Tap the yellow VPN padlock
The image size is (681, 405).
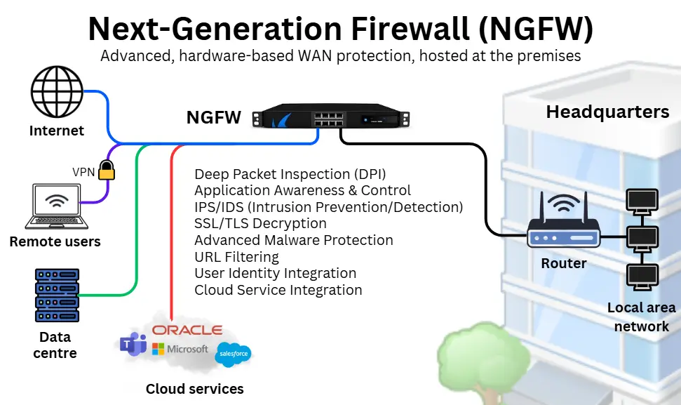[106, 169]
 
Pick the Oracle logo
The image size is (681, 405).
[187, 330]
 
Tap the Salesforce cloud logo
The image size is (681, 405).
[234, 354]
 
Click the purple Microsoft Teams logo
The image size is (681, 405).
[133, 344]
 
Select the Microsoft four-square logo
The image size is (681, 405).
[159, 349]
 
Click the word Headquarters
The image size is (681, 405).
[607, 112]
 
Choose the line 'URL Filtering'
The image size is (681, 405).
[236, 257]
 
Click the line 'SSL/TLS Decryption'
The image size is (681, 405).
[260, 223]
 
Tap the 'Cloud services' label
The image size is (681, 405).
[194, 388]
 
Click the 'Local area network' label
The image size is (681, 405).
[641, 317]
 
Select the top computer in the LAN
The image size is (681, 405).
[641, 200]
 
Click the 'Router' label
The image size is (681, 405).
[564, 263]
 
